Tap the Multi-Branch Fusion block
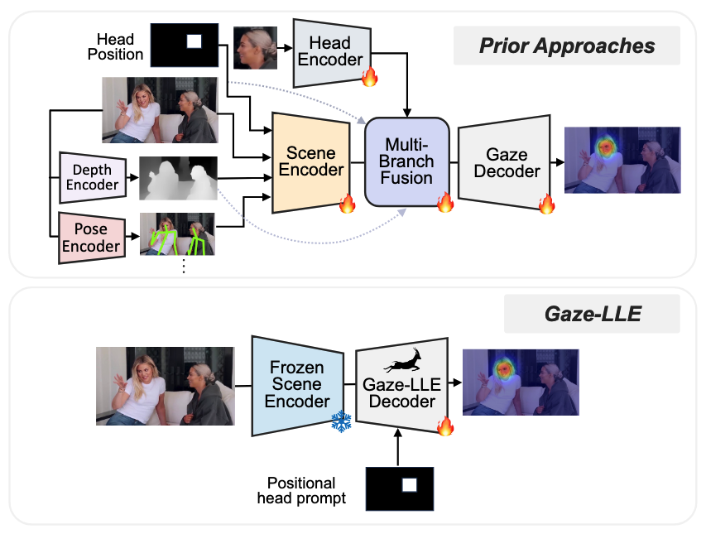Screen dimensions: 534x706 406,161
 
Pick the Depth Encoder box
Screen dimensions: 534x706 92,176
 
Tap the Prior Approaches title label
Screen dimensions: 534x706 567,45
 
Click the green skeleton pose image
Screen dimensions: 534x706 177,235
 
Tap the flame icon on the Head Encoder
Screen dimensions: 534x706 370,78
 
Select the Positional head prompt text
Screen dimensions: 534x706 301,489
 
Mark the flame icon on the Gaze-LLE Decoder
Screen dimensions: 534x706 445,426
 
